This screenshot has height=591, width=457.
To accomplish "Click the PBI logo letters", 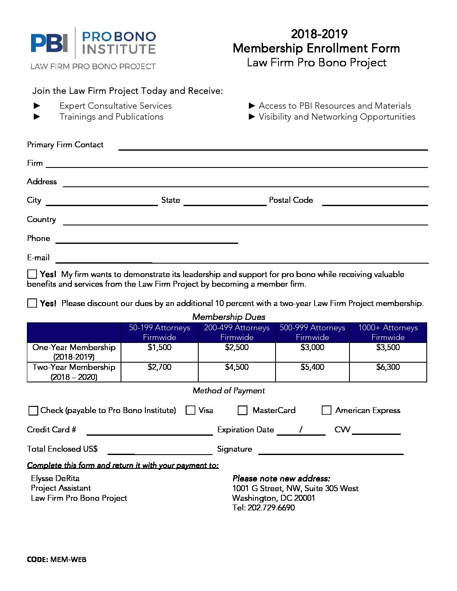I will (49, 43).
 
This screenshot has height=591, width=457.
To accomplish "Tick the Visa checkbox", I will (190, 410).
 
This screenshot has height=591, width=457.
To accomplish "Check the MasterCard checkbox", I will (242, 410).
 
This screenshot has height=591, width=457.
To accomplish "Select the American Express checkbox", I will (326, 410).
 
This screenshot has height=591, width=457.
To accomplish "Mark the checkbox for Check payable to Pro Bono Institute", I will (33, 411).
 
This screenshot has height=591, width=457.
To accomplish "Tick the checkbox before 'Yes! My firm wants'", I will (32, 274).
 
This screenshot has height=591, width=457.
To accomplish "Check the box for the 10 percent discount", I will (32, 303).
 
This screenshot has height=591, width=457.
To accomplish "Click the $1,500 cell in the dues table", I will (159, 348).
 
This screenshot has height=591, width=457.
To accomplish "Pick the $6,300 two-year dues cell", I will (388, 367).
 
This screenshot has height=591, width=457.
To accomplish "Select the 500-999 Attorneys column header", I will (312, 332).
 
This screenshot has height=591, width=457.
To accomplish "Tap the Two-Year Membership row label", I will (74, 372).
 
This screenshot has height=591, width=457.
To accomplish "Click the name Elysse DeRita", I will (55, 479).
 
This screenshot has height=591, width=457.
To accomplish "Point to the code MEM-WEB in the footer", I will (68, 560).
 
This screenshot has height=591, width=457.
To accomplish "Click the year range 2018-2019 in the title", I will (319, 34).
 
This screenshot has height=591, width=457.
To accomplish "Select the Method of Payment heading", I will (228, 391).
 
